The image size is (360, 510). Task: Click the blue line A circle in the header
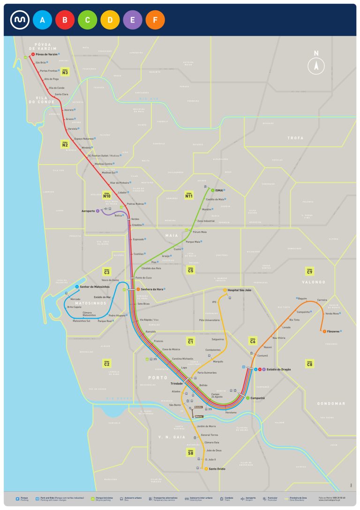click(42, 20)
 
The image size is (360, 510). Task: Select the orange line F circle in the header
click(155, 20)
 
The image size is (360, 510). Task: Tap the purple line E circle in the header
click(133, 20)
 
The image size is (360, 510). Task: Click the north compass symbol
click(316, 65)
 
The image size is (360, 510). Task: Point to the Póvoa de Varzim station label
click(46, 54)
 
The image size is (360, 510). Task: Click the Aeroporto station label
click(88, 211)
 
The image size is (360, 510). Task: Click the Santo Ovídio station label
click(217, 468)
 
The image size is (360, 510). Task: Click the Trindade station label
click(176, 383)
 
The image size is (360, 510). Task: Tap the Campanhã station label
click(257, 398)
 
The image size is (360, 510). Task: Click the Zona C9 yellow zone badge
click(309, 270)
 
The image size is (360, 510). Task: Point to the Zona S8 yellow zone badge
click(190, 452)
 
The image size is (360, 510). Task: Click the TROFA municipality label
click(295, 138)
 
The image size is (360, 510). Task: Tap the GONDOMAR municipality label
click(331, 403)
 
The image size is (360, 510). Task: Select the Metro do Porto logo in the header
click(20, 20)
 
